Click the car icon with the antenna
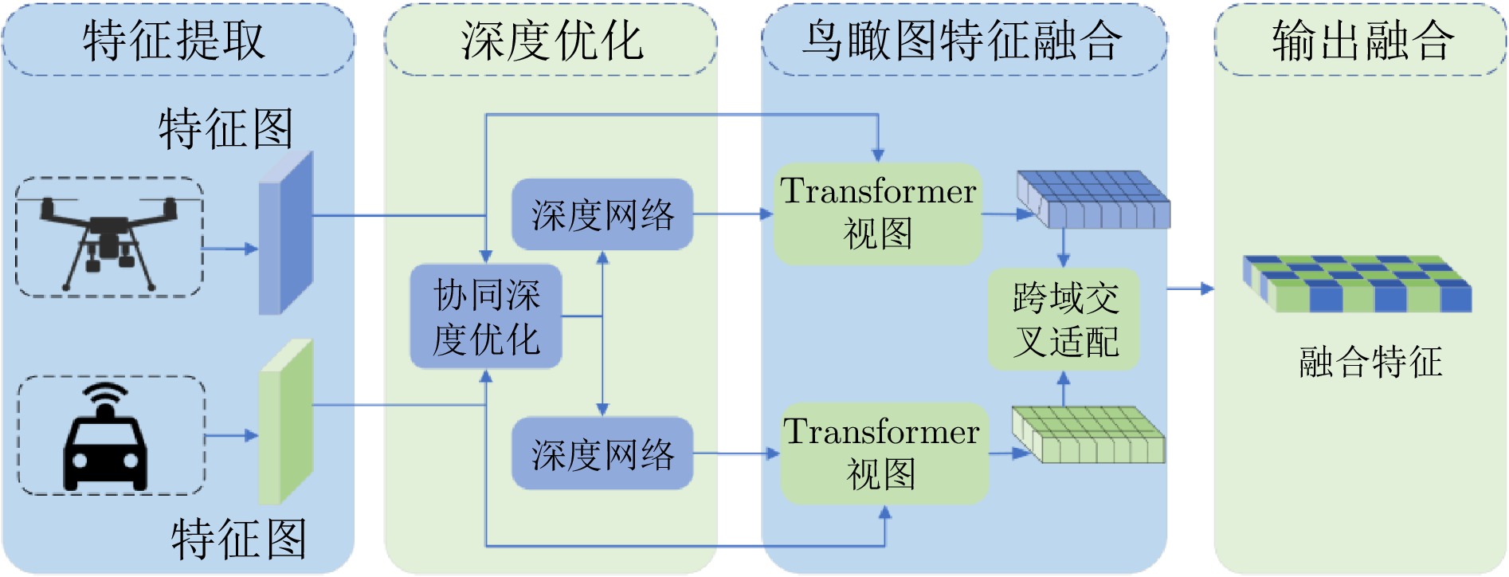(x=105, y=440)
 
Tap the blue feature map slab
(x=285, y=234)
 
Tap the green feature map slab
(x=285, y=422)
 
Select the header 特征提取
(x=174, y=41)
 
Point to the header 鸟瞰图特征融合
(x=963, y=41)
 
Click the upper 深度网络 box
(x=602, y=214)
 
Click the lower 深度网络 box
(x=602, y=453)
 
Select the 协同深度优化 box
(x=486, y=316)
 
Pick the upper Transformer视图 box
(x=878, y=214)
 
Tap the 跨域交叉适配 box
(x=1064, y=320)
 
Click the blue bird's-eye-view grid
(x=1093, y=199)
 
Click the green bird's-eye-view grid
(x=1088, y=434)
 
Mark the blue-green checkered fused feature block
(x=1358, y=284)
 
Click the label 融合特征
(x=1370, y=361)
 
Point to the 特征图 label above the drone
(x=225, y=128)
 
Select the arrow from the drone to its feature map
(x=230, y=249)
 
